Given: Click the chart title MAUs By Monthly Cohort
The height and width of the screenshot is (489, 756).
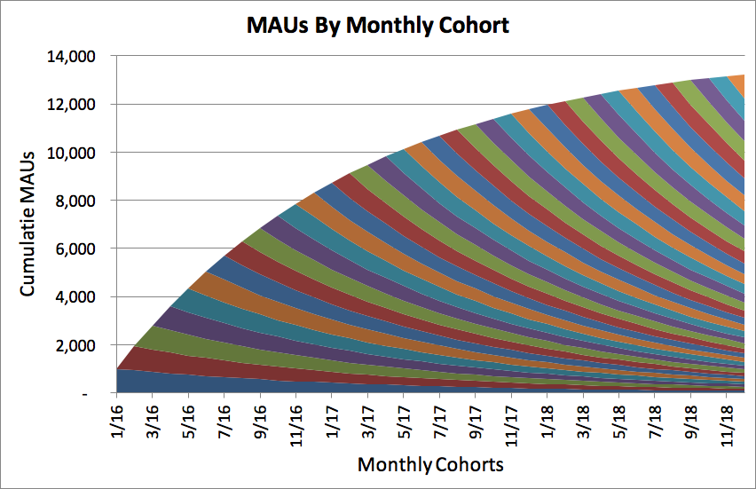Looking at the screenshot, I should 378,24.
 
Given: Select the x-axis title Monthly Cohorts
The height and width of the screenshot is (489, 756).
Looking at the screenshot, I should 430,465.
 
